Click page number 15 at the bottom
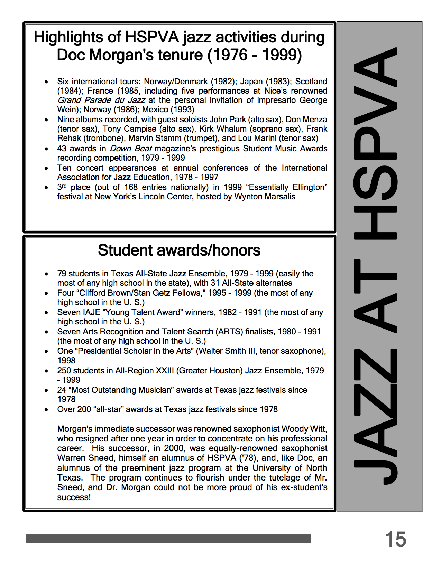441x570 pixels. point(395,539)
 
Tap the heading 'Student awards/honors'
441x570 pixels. point(179,250)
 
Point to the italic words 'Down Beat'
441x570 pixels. point(131,149)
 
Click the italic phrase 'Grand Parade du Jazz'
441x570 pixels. point(101,100)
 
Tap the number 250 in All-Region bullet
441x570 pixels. point(64,371)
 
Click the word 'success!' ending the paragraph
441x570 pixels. point(74,497)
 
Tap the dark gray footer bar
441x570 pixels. point(168,539)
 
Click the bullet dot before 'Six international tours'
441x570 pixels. point(46,82)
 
